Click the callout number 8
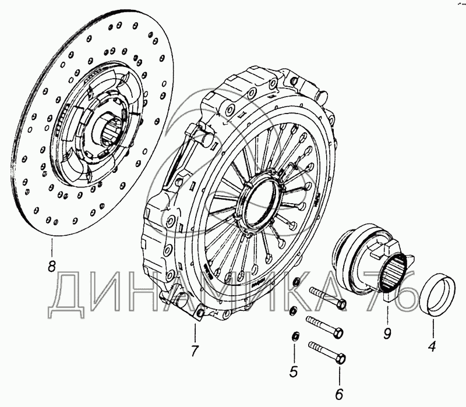(x=52, y=266)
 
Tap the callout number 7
(x=194, y=351)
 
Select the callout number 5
(x=294, y=371)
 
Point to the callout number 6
(x=339, y=394)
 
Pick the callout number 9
(x=387, y=334)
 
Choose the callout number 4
(x=432, y=346)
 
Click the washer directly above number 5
(x=295, y=337)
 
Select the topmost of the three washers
(x=296, y=281)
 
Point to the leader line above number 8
(x=52, y=247)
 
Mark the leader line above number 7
(x=195, y=332)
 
